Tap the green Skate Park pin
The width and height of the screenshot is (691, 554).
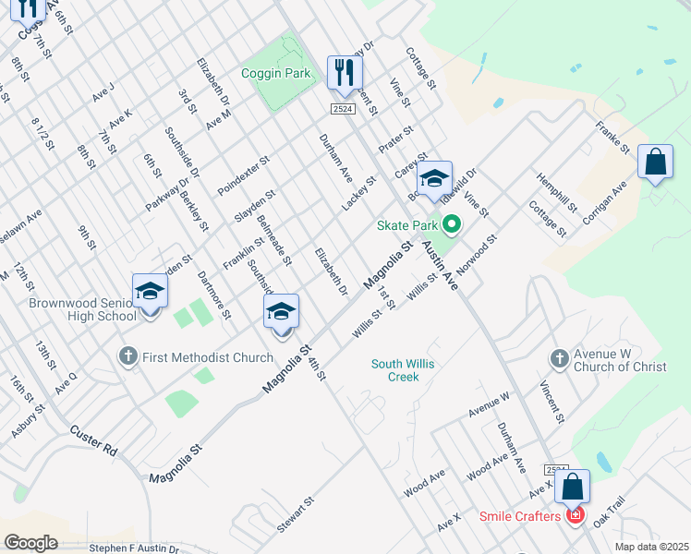click(x=452, y=224)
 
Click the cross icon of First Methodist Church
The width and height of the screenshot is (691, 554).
click(x=128, y=355)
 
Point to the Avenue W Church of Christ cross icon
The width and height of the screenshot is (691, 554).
click(x=558, y=357)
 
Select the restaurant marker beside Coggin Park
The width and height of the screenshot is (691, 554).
click(x=344, y=72)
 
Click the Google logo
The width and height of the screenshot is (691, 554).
click(x=30, y=542)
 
